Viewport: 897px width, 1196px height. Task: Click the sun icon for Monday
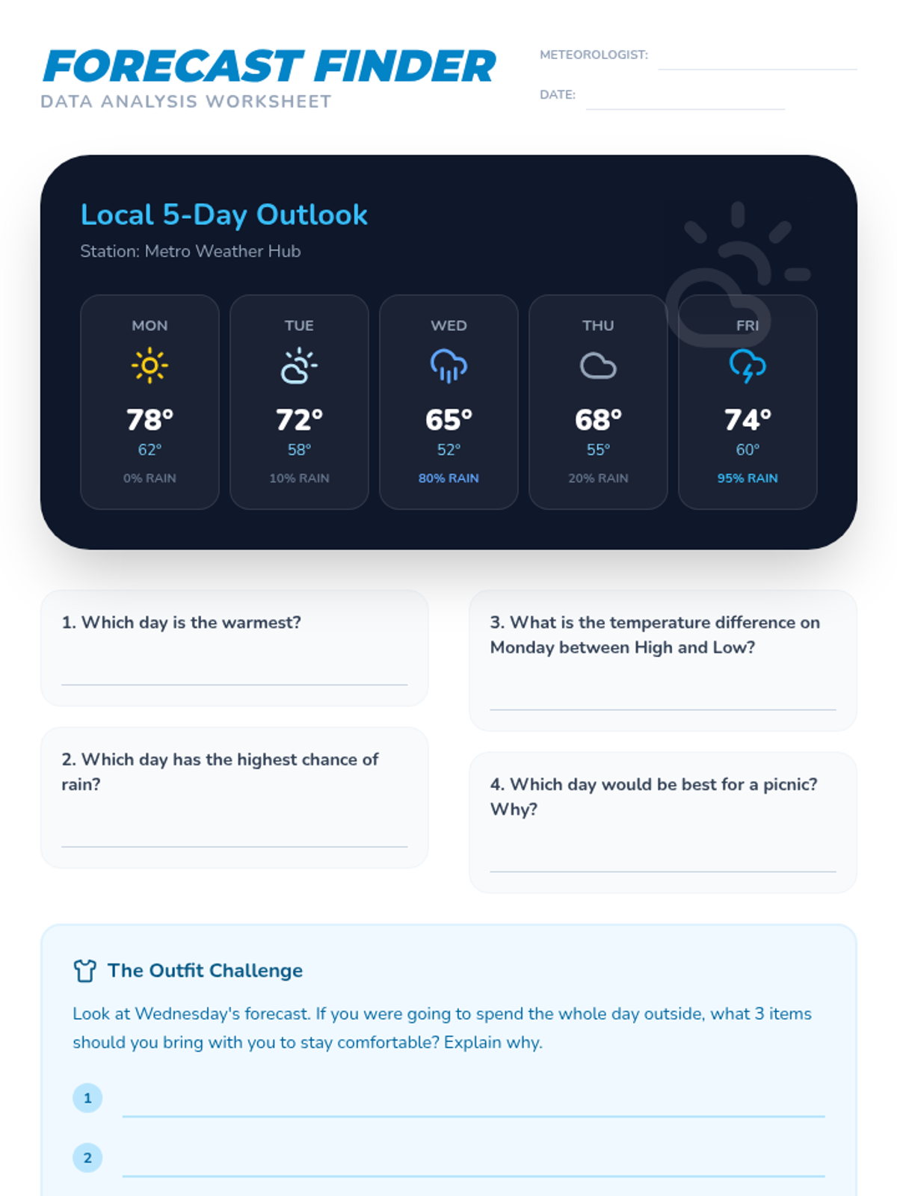point(149,366)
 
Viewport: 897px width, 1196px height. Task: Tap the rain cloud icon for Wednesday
point(449,366)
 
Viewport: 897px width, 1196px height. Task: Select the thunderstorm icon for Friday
point(747,366)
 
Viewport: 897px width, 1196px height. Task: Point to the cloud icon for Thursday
point(598,366)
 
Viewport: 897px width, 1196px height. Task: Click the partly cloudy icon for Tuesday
point(299,366)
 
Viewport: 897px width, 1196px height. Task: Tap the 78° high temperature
point(149,419)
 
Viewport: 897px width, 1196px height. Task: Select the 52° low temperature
point(449,450)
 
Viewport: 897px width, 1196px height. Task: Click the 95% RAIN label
point(747,478)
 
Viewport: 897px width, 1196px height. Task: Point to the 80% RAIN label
point(449,478)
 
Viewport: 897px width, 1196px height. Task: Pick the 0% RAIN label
point(149,478)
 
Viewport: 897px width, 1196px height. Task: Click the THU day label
point(598,326)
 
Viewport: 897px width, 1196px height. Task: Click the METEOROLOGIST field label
point(594,55)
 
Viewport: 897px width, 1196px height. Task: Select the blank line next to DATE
point(685,107)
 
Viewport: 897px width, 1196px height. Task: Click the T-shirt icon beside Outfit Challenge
point(85,970)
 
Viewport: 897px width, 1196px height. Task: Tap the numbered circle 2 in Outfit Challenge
point(87,1158)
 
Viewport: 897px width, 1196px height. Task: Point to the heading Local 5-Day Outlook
point(224,215)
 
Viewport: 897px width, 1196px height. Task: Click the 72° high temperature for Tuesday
point(299,419)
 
